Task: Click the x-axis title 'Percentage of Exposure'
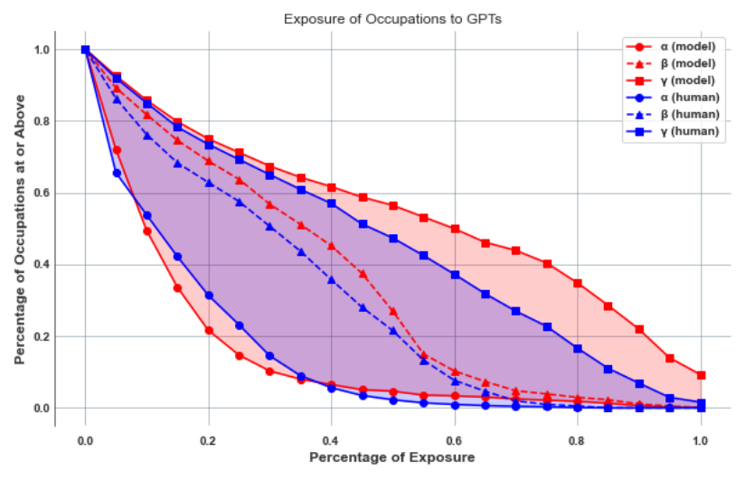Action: coord(391,457)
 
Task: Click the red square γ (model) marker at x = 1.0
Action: coord(701,375)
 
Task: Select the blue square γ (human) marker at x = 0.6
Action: coord(455,275)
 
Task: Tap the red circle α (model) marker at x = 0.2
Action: coord(209,330)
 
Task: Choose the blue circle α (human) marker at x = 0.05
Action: coord(117,173)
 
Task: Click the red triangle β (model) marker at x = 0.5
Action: coord(393,311)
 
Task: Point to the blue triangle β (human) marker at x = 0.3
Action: coord(270,226)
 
